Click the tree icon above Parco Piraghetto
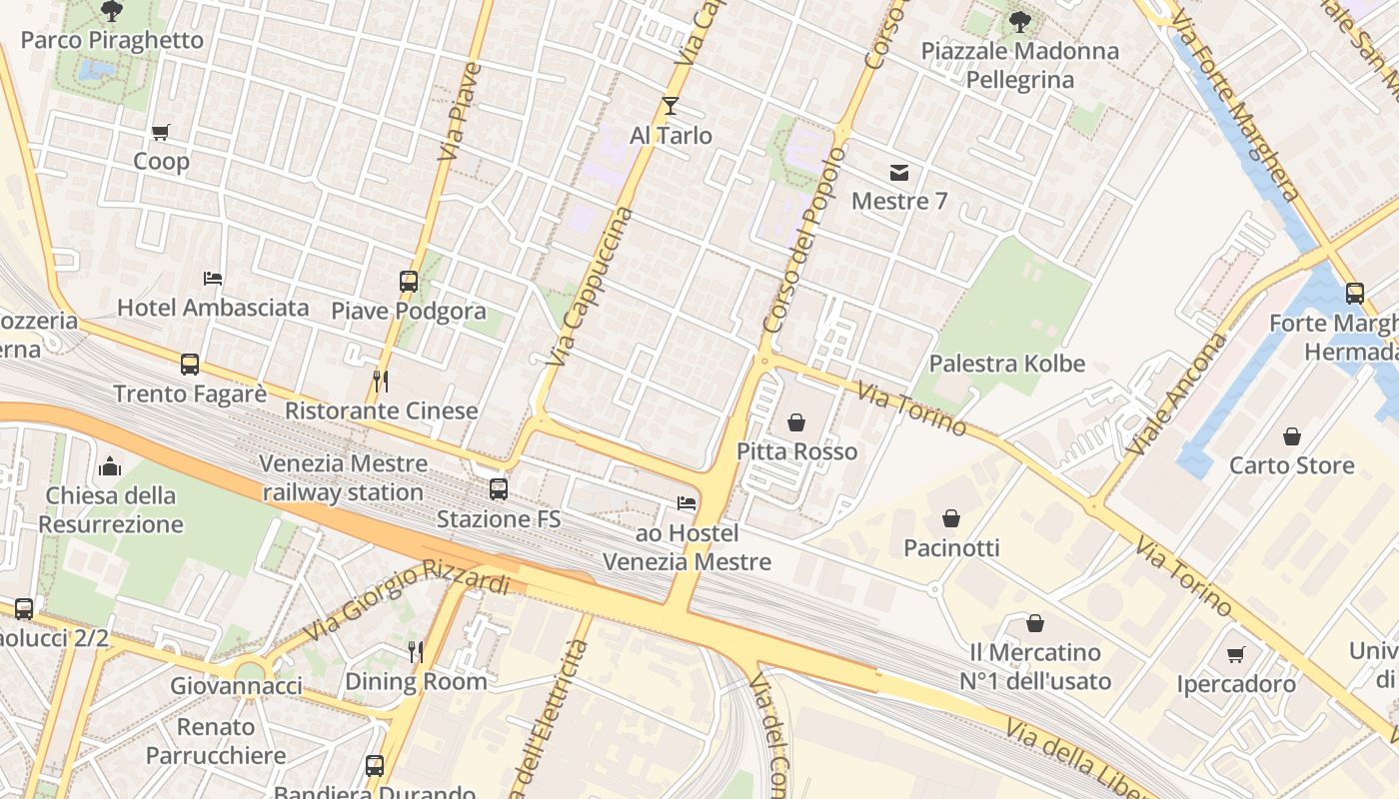click(112, 11)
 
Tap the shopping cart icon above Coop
click(160, 132)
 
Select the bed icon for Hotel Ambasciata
click(213, 278)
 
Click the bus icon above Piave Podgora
click(409, 282)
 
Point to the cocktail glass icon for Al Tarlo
click(671, 106)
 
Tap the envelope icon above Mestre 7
click(899, 172)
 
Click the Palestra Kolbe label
click(1006, 364)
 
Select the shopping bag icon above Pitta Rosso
click(796, 422)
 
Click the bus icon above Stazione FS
click(498, 489)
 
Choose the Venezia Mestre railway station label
click(343, 478)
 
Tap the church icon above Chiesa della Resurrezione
click(110, 466)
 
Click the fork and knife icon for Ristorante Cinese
click(381, 382)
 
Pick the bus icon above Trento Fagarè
click(190, 365)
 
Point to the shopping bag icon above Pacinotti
click(951, 518)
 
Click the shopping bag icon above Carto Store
click(1291, 436)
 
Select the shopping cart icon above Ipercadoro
click(1236, 655)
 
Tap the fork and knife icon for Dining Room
click(416, 652)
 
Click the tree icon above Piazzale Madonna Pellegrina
click(1019, 21)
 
